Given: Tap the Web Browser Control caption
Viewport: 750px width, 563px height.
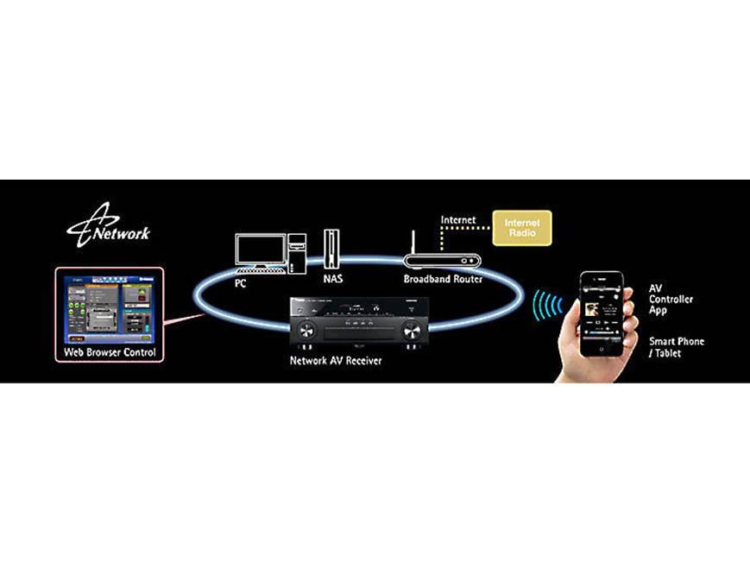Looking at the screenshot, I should point(110,352).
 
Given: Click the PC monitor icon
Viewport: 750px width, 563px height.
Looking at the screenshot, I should point(261,250).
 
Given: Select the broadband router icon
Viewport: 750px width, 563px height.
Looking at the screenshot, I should point(440,259).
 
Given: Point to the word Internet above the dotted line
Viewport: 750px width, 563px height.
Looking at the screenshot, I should point(458,220).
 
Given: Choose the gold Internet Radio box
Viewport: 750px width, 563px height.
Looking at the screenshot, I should point(521,228).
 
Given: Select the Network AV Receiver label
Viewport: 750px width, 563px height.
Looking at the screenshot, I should point(336,360).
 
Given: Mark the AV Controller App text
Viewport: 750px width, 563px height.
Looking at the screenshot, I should point(671,299).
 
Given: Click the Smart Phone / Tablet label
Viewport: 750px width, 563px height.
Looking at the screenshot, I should point(676,347).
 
